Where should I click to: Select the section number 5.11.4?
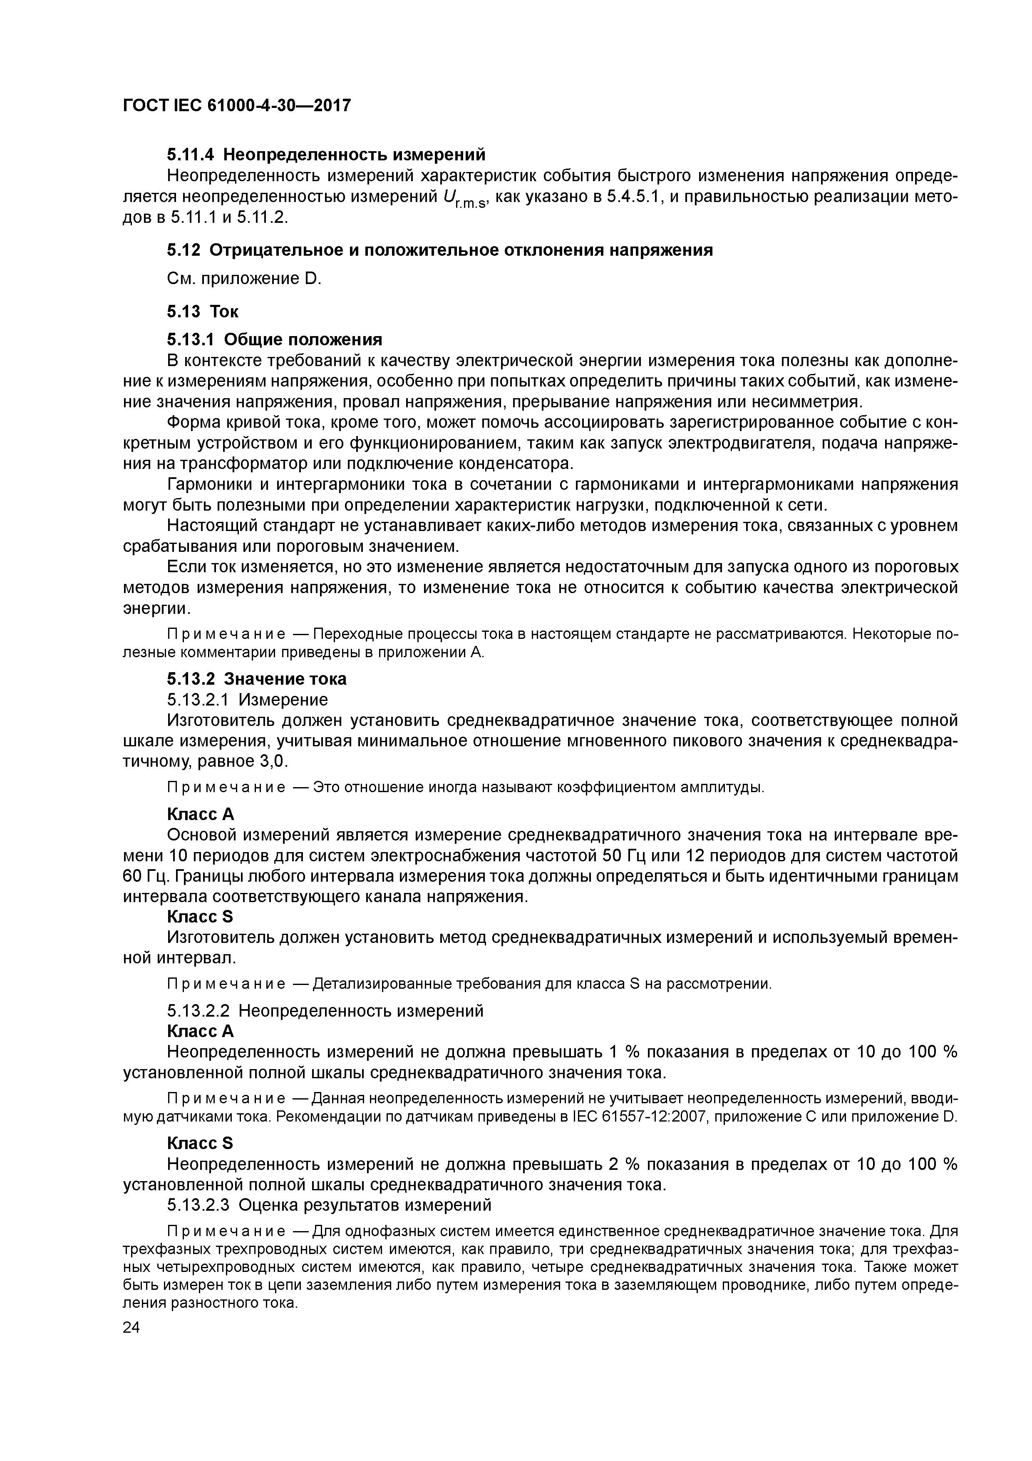pyautogui.click(x=191, y=155)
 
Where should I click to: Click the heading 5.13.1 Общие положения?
pyautogui.click(x=274, y=339)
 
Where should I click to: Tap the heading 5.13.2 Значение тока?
pyautogui.click(x=256, y=679)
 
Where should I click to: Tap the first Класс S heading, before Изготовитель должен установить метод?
pyautogui.click(x=200, y=916)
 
